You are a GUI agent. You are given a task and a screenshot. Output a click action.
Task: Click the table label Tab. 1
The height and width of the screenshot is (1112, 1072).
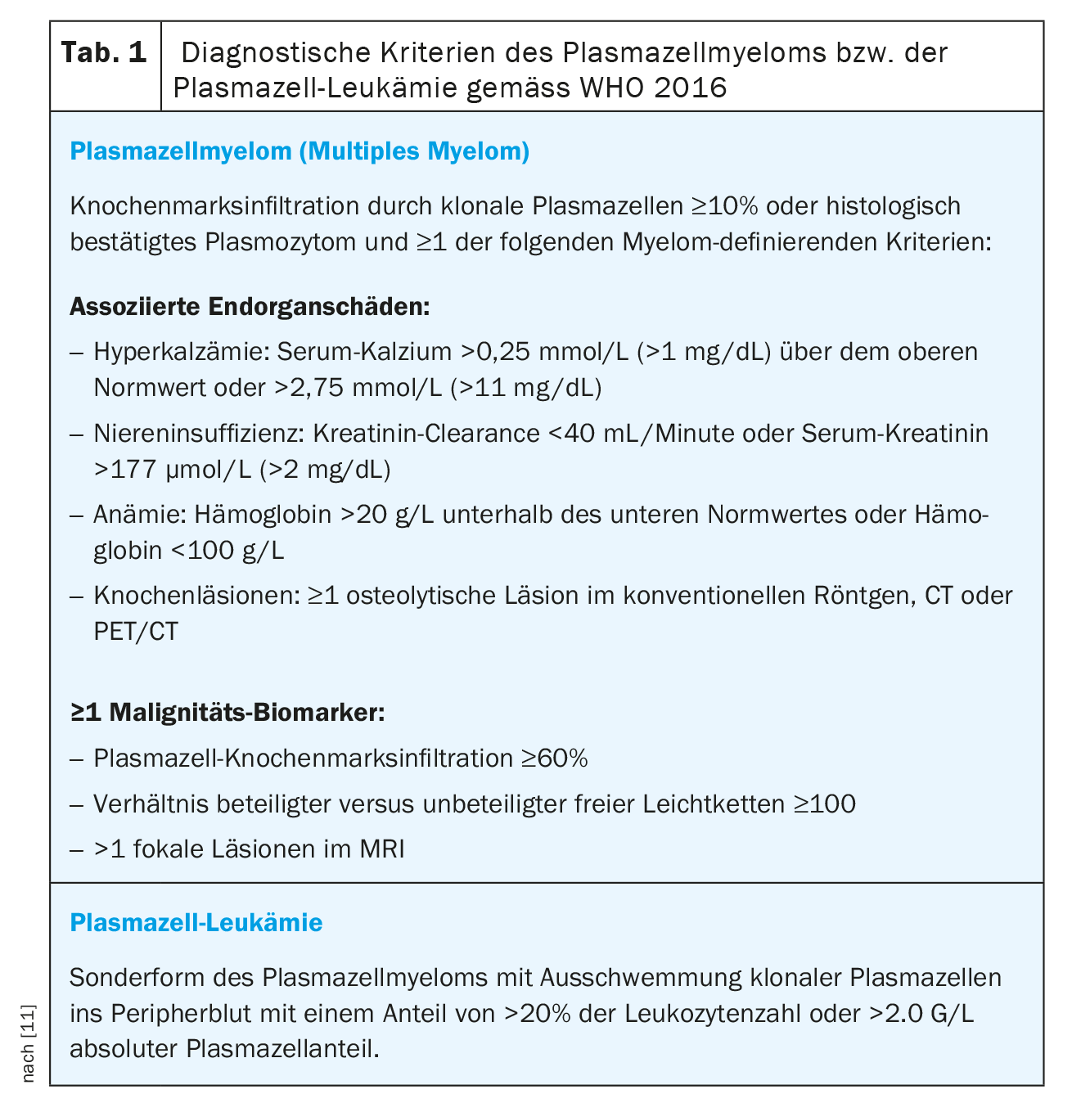tap(105, 54)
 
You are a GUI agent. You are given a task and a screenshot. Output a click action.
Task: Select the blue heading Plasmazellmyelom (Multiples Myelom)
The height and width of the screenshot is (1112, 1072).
tap(300, 151)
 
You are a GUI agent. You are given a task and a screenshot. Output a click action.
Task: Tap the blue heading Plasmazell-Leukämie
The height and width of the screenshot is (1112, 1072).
tap(196, 923)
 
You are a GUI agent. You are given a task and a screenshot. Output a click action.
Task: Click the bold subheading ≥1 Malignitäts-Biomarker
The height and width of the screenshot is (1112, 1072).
tap(227, 712)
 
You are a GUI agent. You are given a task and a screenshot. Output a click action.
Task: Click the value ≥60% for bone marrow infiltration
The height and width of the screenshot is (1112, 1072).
tap(555, 759)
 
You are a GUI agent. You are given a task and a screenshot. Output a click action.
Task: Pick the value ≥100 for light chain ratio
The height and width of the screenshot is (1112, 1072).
tap(824, 804)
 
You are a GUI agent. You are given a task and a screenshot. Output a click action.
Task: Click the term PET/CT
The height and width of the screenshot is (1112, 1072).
tap(136, 632)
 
